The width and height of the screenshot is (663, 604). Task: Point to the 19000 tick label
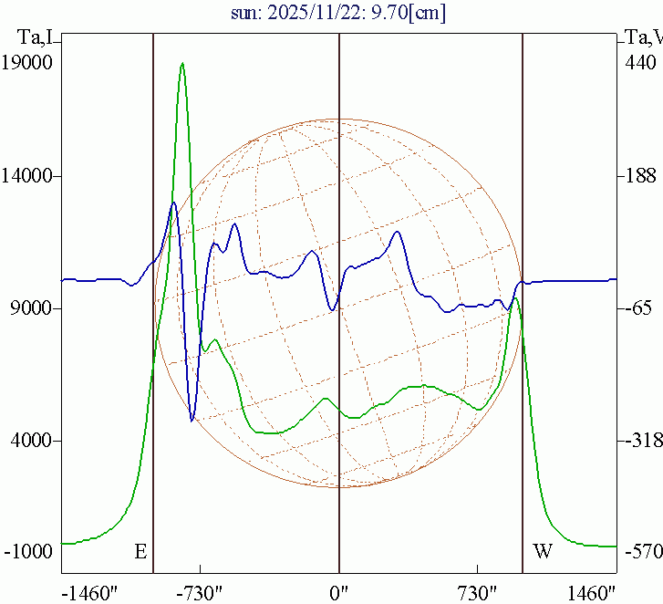point(28,63)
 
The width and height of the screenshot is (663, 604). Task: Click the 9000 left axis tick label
point(32,308)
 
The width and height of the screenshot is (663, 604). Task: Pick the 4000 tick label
point(32,441)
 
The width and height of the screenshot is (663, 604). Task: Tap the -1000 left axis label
point(29,552)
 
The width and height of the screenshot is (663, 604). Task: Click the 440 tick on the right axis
point(639,63)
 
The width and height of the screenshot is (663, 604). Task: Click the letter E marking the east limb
point(140,551)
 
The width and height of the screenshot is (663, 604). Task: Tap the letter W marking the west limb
point(543,551)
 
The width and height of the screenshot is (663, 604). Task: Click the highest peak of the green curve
point(182,63)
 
